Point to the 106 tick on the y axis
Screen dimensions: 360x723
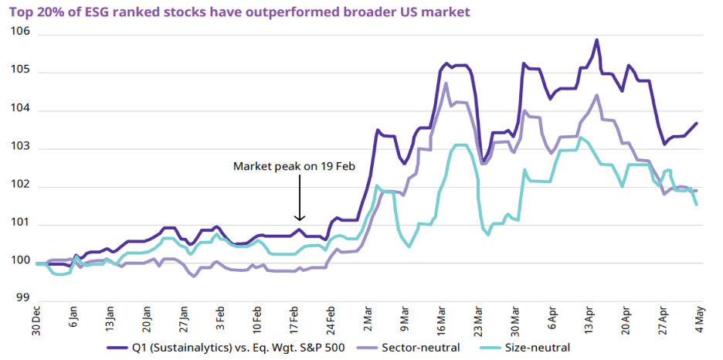click(21, 32)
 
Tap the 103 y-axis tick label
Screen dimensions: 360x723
click(21, 148)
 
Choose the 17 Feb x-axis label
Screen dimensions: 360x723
click(295, 317)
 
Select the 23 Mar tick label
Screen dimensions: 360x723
click(479, 317)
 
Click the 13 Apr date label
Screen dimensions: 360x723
click(589, 317)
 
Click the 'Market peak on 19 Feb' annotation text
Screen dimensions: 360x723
click(294, 166)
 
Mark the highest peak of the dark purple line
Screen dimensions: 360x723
click(596, 40)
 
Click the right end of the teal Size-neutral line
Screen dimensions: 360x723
click(697, 205)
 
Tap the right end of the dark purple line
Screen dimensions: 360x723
click(697, 124)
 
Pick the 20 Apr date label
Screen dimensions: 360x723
click(626, 317)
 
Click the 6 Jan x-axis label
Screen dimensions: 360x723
click(74, 316)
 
